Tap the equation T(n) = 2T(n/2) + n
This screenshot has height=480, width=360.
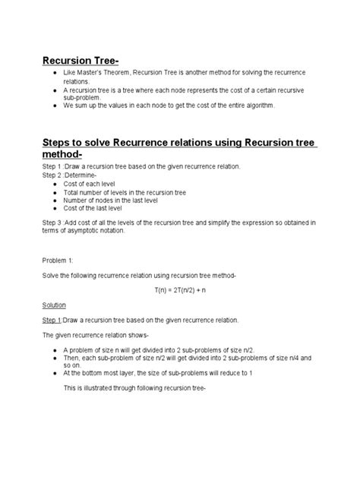(x=179, y=289)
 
